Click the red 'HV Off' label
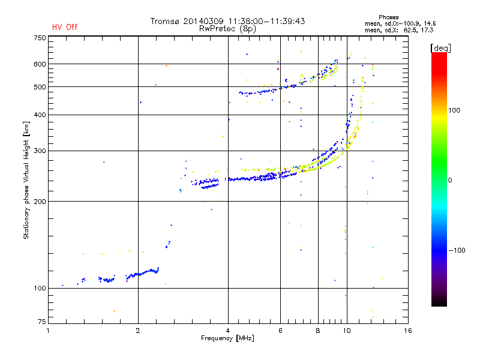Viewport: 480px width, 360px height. click(x=65, y=27)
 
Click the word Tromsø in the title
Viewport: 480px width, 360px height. click(x=164, y=21)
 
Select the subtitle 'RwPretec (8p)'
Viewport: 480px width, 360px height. click(x=227, y=29)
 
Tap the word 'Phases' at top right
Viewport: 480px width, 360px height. click(x=388, y=17)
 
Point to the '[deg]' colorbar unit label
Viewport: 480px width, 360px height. click(x=440, y=48)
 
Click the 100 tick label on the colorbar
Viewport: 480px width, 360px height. click(x=454, y=110)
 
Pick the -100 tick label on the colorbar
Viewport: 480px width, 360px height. click(x=457, y=250)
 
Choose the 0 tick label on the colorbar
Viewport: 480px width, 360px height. click(x=450, y=181)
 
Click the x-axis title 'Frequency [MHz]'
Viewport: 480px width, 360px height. click(x=227, y=338)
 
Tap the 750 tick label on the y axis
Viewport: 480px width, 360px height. click(x=40, y=38)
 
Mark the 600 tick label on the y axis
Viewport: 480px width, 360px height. click(x=40, y=64)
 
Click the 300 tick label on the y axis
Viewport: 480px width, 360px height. click(x=40, y=151)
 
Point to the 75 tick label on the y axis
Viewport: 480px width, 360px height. click(x=42, y=322)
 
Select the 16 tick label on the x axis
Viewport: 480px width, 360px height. click(x=408, y=331)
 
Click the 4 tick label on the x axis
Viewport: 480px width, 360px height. click(x=228, y=331)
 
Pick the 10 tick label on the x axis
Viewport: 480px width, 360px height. click(x=347, y=331)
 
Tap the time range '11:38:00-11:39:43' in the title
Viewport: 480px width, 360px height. click(x=266, y=21)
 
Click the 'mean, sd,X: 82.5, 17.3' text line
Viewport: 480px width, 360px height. click(x=399, y=31)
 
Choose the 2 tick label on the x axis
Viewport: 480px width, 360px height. click(x=138, y=331)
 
